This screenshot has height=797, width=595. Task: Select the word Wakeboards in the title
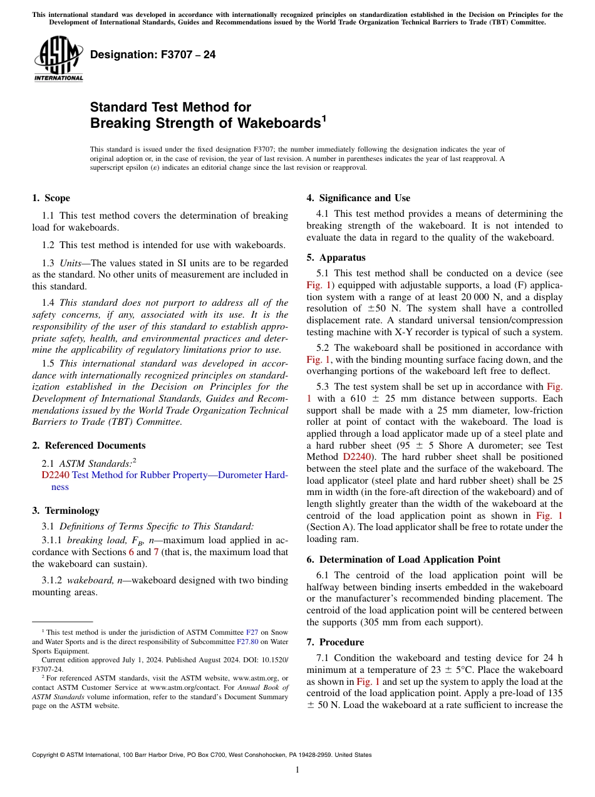click(x=278, y=123)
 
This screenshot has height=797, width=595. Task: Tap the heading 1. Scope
click(x=51, y=199)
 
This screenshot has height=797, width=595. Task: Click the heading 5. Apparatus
click(x=336, y=258)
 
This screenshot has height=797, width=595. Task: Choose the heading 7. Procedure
click(x=335, y=642)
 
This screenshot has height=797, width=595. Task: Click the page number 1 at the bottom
click(x=297, y=770)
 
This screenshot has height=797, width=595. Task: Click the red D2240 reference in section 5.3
click(x=358, y=457)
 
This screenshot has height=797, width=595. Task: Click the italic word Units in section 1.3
click(x=70, y=263)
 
